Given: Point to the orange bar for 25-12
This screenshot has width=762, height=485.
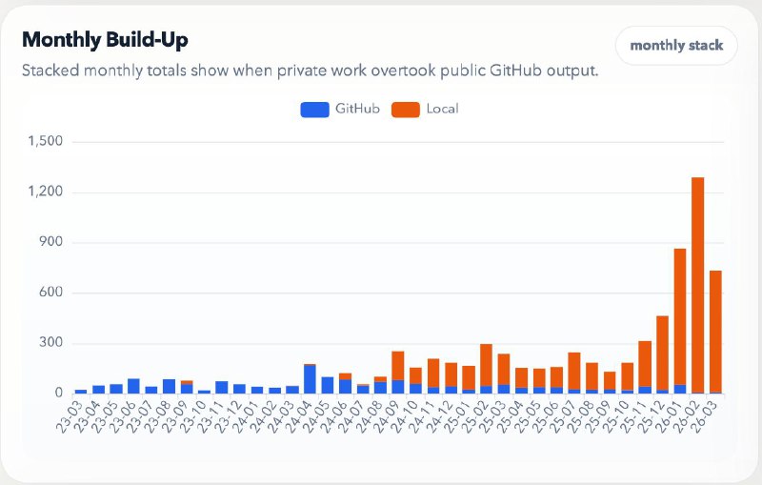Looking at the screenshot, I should (x=662, y=352).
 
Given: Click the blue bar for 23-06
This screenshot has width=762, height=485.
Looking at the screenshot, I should (x=133, y=386).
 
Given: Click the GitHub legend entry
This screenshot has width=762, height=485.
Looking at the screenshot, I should (x=341, y=109).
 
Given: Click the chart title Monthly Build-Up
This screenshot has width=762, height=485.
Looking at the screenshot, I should (x=105, y=40).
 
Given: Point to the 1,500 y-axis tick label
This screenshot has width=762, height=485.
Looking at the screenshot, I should (x=44, y=142).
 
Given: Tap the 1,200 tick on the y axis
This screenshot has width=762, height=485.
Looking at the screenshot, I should (x=44, y=192).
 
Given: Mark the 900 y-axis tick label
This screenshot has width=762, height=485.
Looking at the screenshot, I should (x=49, y=242).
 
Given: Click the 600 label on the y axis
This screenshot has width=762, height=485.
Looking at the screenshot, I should (x=49, y=293).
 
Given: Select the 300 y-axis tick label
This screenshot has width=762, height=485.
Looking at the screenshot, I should (x=49, y=343).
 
